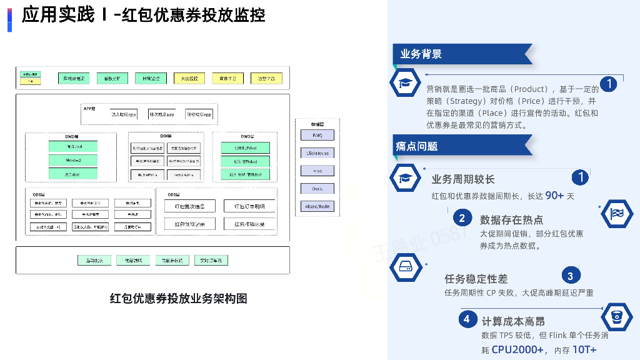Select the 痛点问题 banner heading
pos(417,146)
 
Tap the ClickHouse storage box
pos(318,153)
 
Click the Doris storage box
pos(318,189)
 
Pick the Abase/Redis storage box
pos(318,206)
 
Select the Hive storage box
pos(318,171)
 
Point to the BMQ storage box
pos(318,135)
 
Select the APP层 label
pos(89,109)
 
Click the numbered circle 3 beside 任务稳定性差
pos(570,276)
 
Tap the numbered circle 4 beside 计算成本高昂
pos(466,320)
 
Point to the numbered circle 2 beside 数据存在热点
pos(462,218)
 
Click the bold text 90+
pos(554,196)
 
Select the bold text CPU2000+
pos(518,349)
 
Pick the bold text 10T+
pos(584,349)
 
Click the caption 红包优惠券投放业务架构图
pos(179,299)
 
